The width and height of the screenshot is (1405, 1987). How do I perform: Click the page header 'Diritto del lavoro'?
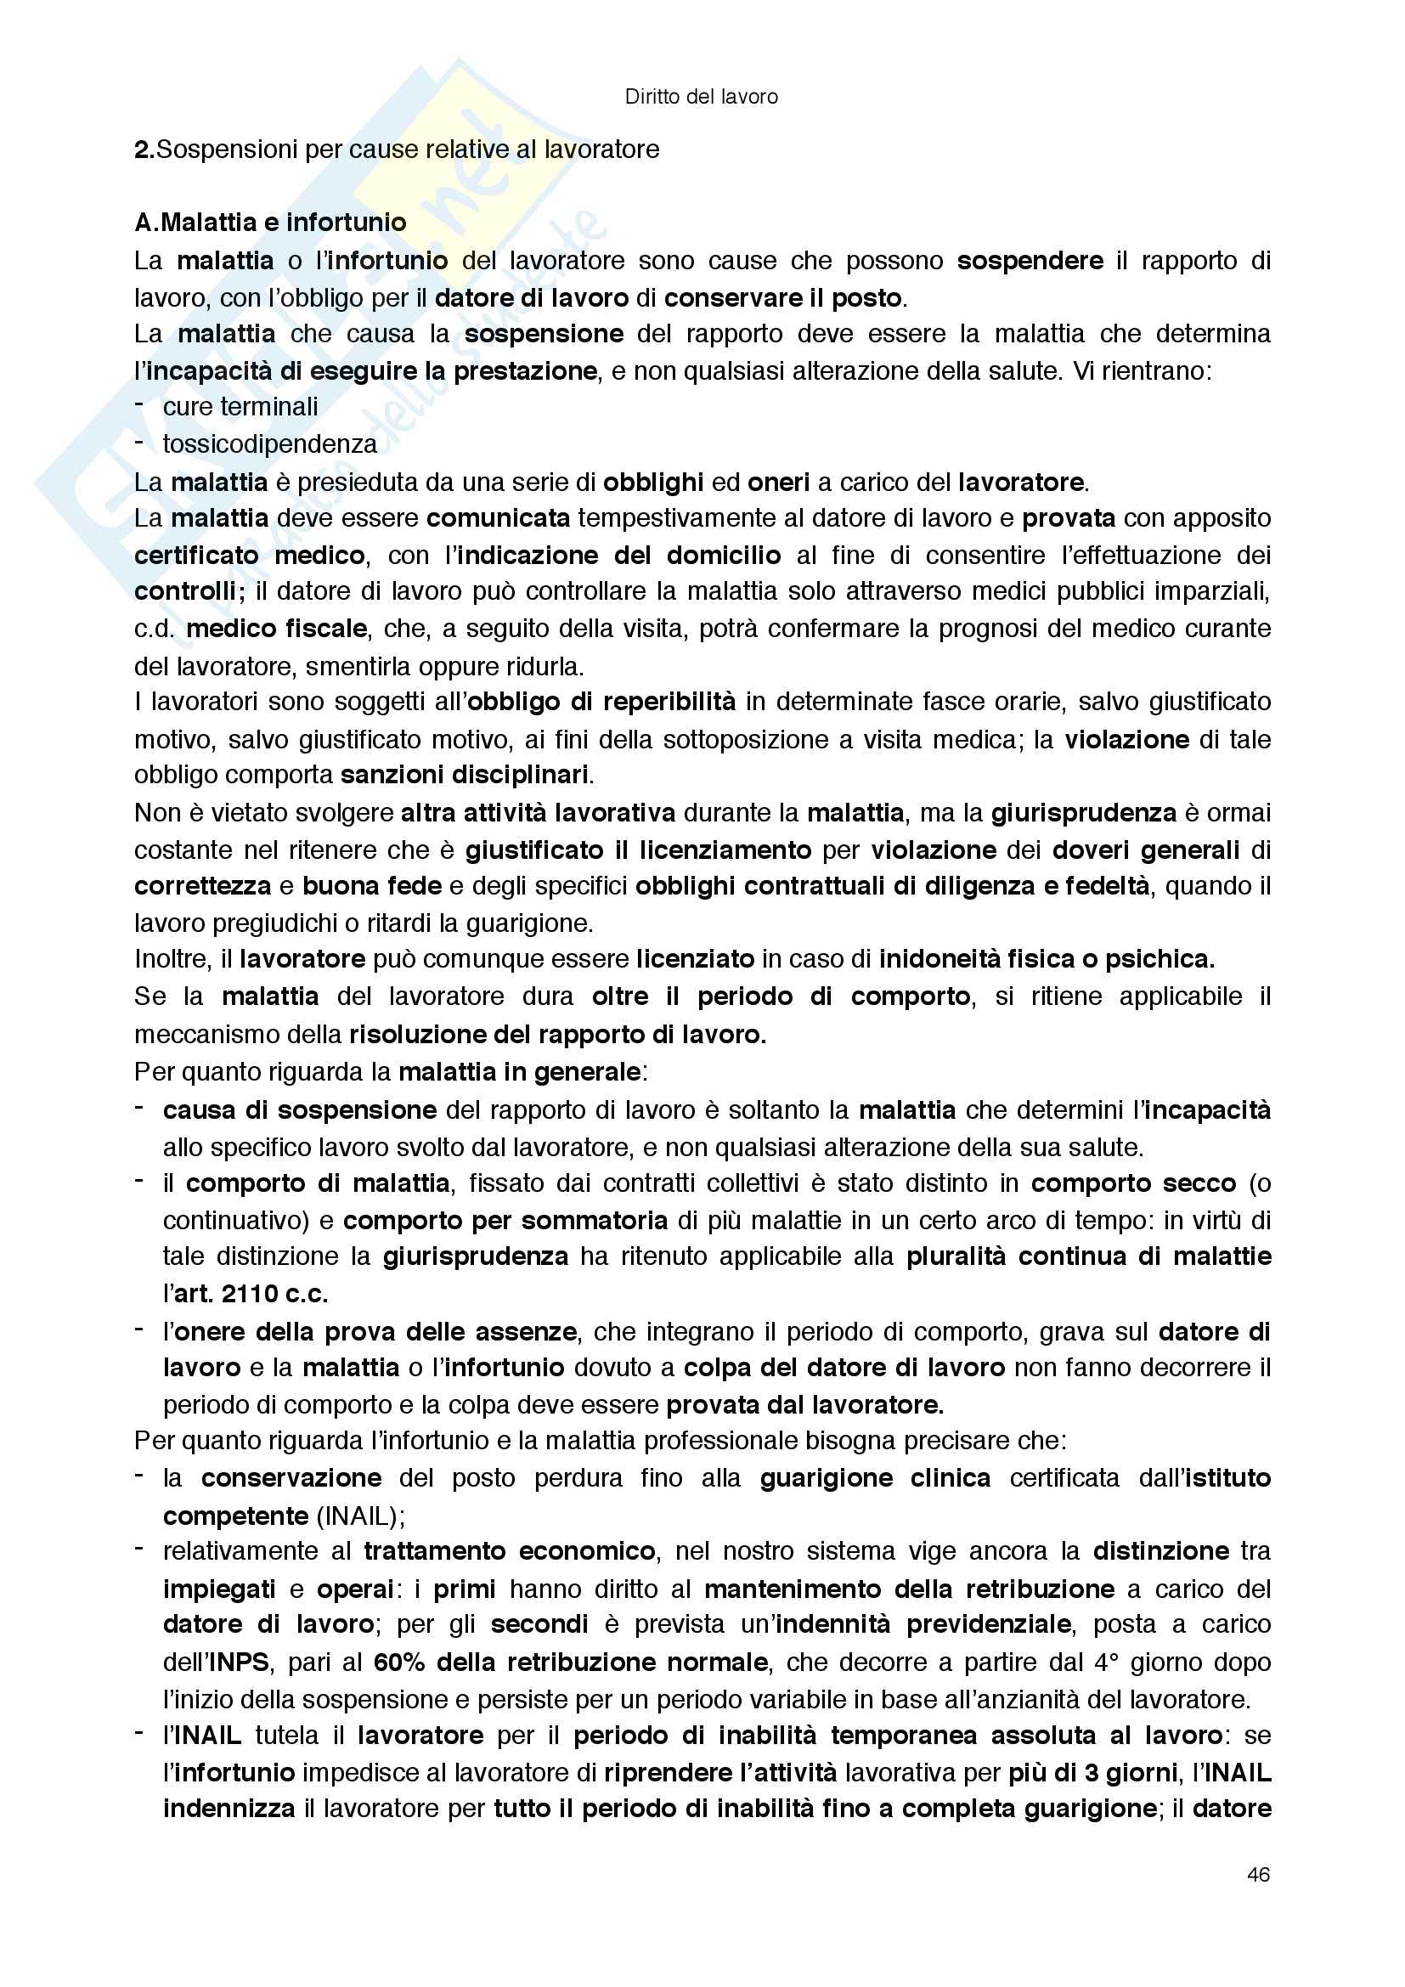[701, 97]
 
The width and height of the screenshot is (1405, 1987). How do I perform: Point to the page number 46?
[1259, 1874]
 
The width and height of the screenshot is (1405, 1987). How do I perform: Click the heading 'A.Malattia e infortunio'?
[270, 223]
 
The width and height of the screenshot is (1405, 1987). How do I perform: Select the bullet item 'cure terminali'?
[240, 407]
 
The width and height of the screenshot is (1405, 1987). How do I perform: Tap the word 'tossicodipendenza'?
[270, 444]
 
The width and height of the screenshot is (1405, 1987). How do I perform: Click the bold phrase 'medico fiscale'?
[277, 629]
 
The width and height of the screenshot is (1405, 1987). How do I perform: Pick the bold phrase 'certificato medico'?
[250, 555]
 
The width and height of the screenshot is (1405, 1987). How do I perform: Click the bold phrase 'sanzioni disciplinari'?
[465, 775]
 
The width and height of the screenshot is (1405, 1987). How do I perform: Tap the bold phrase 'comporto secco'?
[1132, 1183]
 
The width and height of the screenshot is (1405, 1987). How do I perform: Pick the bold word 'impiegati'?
[219, 1589]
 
